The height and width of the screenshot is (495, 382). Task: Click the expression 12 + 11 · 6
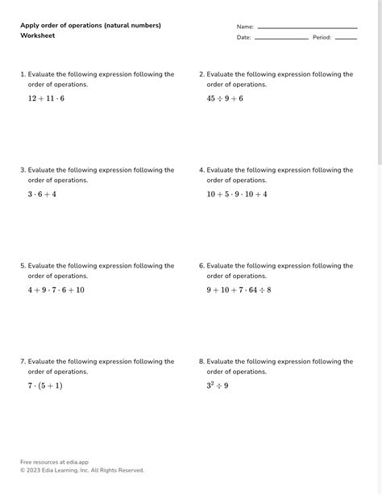(x=46, y=98)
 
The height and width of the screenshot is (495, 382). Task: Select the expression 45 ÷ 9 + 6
(x=225, y=98)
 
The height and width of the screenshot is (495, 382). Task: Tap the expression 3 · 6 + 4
(x=42, y=194)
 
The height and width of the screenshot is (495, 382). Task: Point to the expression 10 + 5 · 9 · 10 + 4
(x=237, y=194)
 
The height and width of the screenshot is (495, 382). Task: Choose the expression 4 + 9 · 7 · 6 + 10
(x=56, y=290)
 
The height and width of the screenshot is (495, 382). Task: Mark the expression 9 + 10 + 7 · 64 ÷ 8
(x=239, y=290)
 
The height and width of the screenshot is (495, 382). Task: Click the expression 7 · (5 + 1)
(x=45, y=386)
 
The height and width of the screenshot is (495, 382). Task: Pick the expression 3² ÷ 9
(x=218, y=385)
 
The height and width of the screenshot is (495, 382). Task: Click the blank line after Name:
(x=307, y=27)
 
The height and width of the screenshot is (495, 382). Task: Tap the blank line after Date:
(x=281, y=38)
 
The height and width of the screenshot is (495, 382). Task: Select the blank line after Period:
(x=346, y=38)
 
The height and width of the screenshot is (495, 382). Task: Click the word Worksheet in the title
(x=38, y=36)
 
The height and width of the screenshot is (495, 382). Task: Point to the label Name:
(x=245, y=27)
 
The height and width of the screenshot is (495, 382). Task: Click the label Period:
(x=322, y=37)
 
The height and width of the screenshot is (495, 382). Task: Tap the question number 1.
(x=23, y=74)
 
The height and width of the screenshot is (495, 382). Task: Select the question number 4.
(x=201, y=170)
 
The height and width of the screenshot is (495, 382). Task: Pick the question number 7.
(x=23, y=362)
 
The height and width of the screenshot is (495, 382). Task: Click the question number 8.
(x=201, y=362)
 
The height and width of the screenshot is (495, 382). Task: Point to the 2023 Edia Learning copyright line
(x=82, y=470)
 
